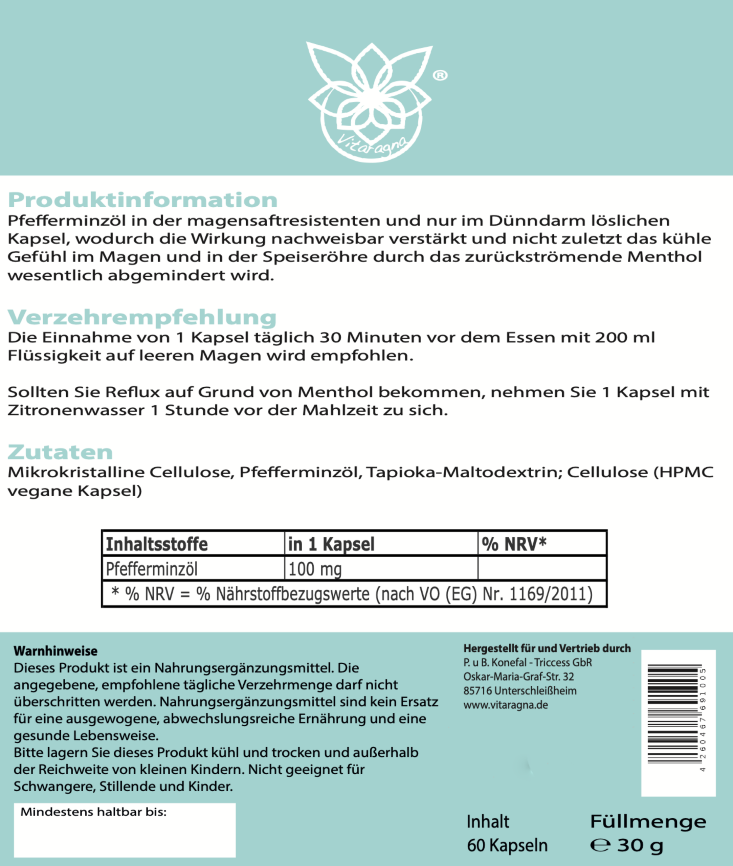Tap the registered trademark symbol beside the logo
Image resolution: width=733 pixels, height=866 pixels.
(x=440, y=75)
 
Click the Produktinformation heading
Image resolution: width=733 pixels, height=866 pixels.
(x=142, y=200)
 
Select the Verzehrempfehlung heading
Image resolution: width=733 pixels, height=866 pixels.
(x=142, y=317)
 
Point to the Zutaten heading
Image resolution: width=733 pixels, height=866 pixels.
(x=60, y=452)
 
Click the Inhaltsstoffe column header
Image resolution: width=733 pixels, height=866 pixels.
(x=157, y=544)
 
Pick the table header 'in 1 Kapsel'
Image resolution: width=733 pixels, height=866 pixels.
(x=331, y=544)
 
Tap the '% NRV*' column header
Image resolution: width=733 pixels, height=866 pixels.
(x=514, y=544)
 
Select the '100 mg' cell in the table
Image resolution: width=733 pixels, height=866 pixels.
(x=315, y=569)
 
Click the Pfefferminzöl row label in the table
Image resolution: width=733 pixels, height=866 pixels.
(x=152, y=569)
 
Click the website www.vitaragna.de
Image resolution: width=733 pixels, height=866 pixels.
(x=506, y=705)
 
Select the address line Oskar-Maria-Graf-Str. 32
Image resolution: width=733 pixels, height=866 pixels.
(x=518, y=677)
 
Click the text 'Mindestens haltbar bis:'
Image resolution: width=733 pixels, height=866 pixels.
(x=93, y=812)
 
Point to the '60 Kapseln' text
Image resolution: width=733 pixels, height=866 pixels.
(x=507, y=845)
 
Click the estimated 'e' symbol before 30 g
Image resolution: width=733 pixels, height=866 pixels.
(x=600, y=845)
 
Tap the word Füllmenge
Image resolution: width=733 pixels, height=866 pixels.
(x=648, y=822)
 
